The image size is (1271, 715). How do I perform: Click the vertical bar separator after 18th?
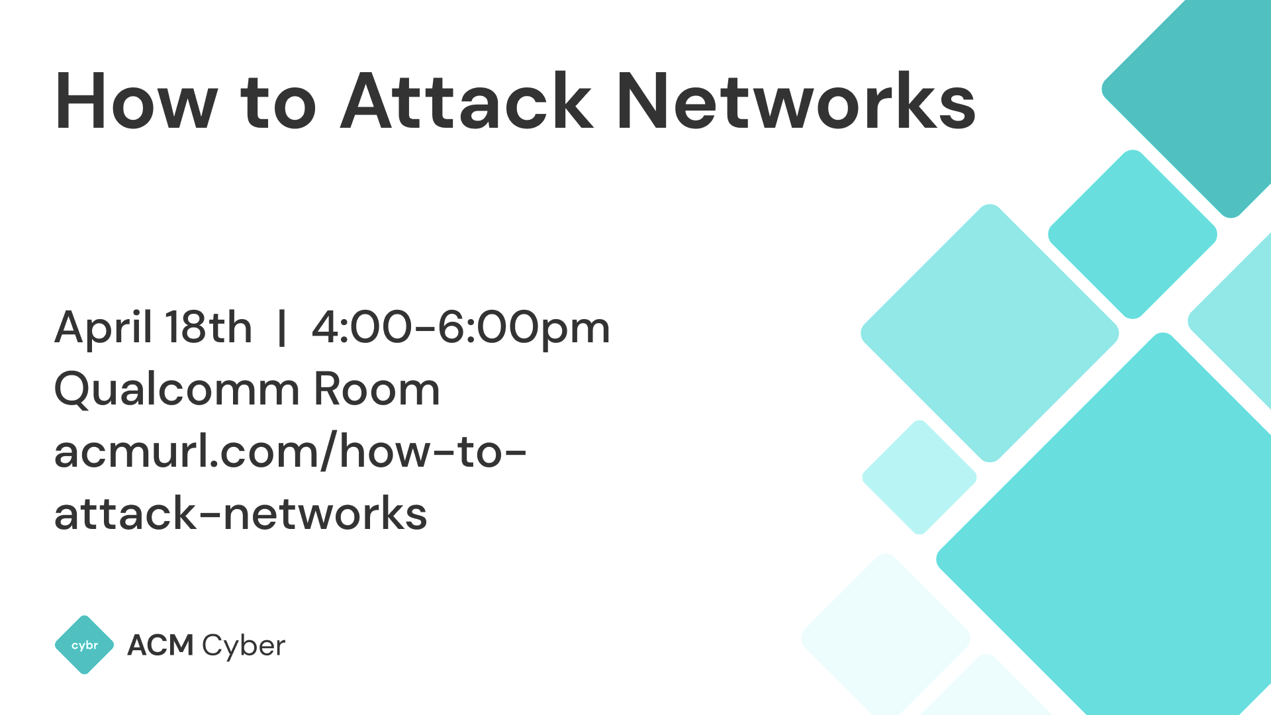tap(282, 327)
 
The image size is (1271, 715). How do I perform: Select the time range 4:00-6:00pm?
tap(461, 328)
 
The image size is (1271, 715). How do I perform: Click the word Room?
tap(377, 389)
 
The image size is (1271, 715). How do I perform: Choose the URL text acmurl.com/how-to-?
tap(290, 452)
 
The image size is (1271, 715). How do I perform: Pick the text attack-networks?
tap(241, 514)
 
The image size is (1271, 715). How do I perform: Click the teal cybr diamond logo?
tap(85, 645)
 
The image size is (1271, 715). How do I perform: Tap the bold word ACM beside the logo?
tap(160, 645)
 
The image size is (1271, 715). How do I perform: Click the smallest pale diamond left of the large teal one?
tap(919, 477)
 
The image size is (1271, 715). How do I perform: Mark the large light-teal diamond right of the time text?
tap(990, 333)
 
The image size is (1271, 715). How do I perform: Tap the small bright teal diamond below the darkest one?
tap(1133, 234)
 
